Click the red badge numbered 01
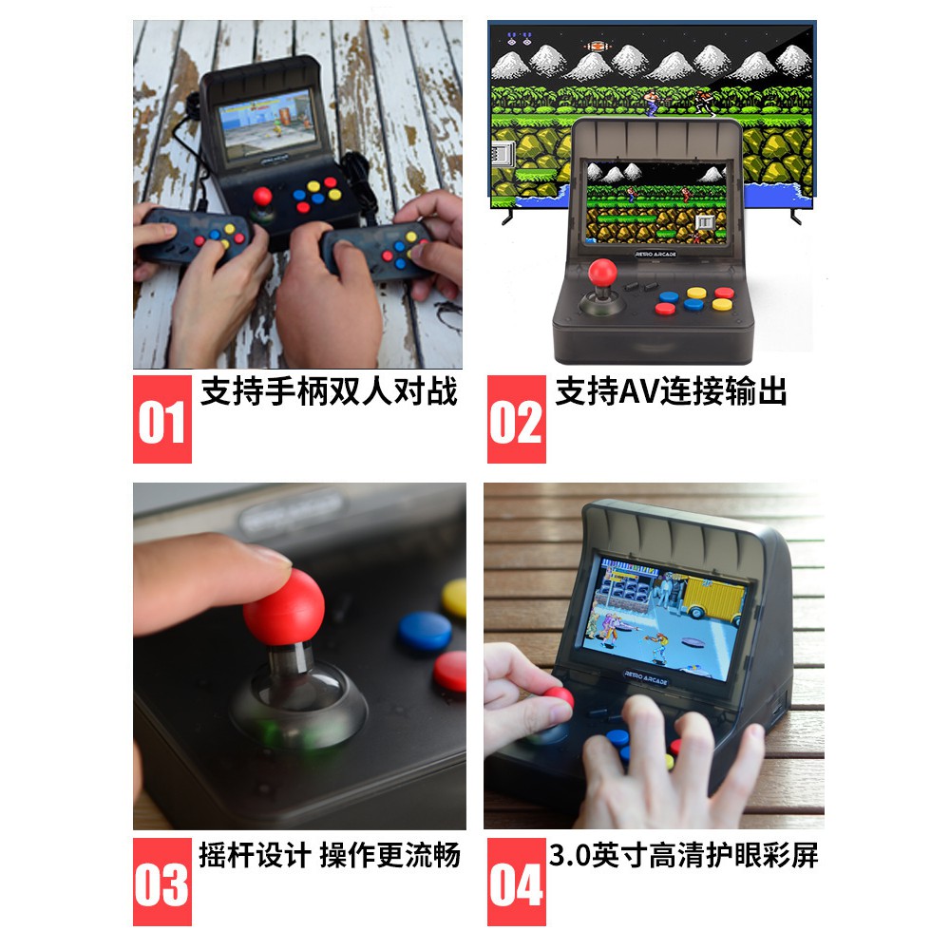point(161,419)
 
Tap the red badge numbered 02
point(516,419)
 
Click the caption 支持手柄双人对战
point(329,390)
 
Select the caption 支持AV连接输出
point(671,390)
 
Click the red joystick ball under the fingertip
point(283,606)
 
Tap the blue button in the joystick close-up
point(424,630)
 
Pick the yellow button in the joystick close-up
point(455,598)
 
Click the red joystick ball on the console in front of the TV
point(600,272)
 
